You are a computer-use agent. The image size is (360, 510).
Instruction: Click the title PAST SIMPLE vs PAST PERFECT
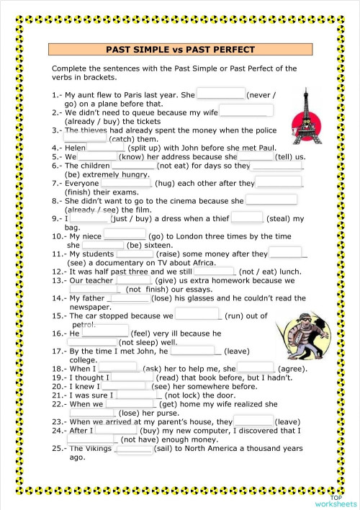click(x=180, y=50)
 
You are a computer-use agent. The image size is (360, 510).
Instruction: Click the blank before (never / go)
click(x=220, y=94)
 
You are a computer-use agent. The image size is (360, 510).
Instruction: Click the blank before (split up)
click(x=106, y=147)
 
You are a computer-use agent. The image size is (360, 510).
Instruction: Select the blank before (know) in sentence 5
click(x=97, y=156)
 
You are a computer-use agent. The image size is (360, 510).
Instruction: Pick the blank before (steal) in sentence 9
click(x=247, y=218)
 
